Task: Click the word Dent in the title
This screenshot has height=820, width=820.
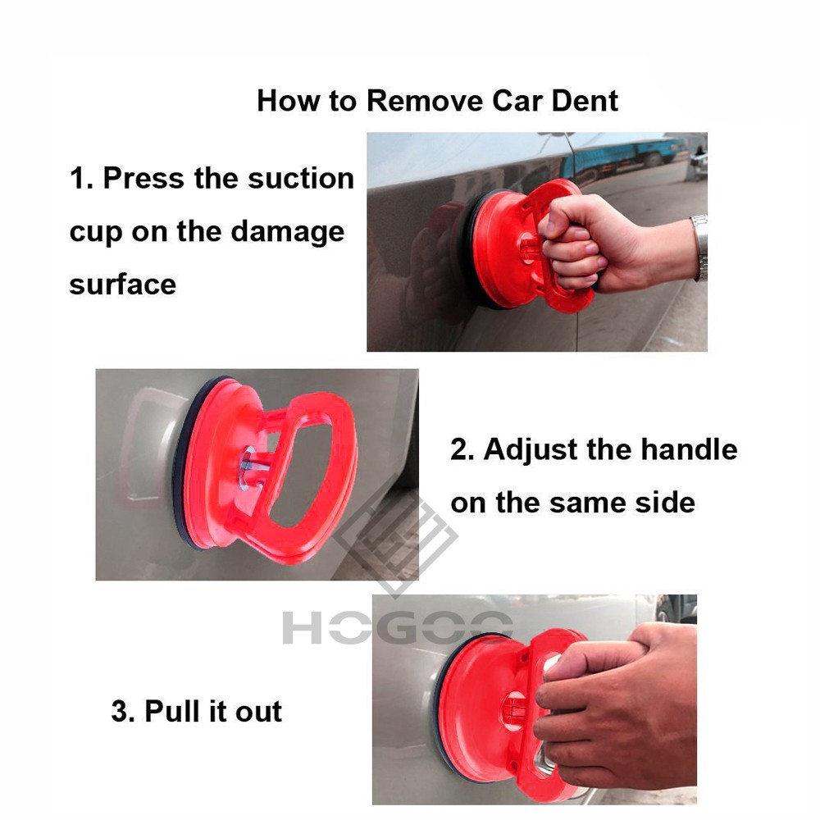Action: [x=585, y=100]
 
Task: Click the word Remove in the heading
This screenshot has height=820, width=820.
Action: [x=425, y=100]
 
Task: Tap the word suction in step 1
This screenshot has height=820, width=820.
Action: [x=301, y=178]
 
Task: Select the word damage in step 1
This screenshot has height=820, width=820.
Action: [x=288, y=233]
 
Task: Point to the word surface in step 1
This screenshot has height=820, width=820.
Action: [x=123, y=285]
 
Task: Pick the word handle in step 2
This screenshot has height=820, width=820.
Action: [x=689, y=449]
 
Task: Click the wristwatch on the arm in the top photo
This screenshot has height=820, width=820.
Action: [x=699, y=248]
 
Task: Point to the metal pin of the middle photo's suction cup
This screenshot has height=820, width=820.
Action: [x=255, y=466]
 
